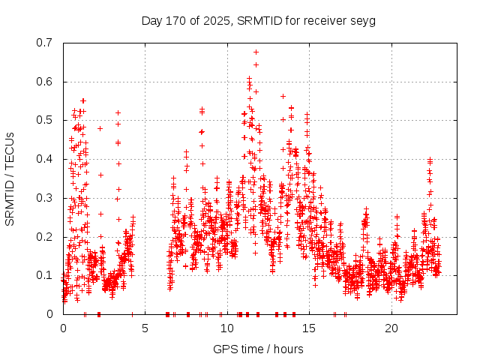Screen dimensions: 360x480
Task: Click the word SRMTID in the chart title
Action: click(256, 20)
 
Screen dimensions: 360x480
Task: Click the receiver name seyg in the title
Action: click(361, 20)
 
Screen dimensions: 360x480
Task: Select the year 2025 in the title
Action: click(216, 20)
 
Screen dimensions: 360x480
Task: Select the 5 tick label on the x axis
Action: click(145, 328)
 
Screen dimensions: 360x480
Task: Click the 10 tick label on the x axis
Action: click(227, 328)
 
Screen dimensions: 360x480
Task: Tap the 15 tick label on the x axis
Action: click(310, 328)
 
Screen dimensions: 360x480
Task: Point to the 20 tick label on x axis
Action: click(391, 328)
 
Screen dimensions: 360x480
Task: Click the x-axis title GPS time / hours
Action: click(258, 349)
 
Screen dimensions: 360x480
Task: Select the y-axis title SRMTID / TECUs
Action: click(10, 178)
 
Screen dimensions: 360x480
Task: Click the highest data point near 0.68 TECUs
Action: click(256, 52)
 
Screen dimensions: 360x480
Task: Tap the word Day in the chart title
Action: click(152, 20)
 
